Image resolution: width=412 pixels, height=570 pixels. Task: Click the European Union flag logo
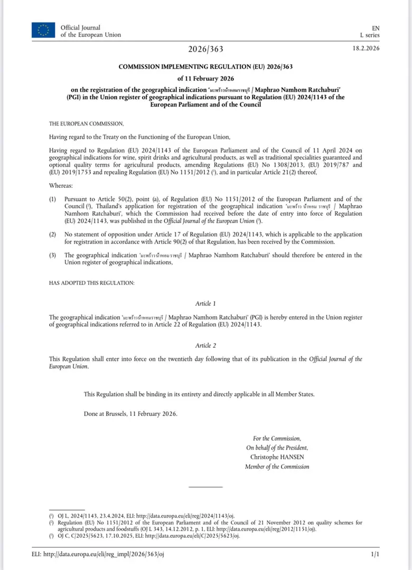tap(43, 30)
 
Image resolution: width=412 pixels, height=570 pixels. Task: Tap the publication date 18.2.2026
tap(366, 49)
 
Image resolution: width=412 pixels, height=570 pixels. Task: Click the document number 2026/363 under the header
tap(206, 49)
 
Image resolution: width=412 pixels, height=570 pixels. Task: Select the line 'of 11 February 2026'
tap(206, 79)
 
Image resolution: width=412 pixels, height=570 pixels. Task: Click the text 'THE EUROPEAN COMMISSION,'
tap(86, 123)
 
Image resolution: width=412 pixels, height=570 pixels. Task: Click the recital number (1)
tap(53, 199)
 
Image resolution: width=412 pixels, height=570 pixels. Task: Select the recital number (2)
tap(53, 234)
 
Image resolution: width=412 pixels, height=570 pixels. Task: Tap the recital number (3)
tap(53, 255)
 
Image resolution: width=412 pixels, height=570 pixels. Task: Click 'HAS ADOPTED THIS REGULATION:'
tap(92, 283)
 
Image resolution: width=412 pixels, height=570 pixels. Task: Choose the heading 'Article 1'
tap(206, 303)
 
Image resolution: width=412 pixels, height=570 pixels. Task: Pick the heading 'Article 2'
tap(206, 346)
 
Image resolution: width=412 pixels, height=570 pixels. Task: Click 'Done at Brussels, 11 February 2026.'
tap(131, 413)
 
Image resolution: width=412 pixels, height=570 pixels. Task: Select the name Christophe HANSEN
tap(277, 457)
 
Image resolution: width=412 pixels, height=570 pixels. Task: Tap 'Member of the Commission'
tap(277, 467)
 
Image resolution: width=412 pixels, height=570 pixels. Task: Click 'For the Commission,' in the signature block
tap(277, 438)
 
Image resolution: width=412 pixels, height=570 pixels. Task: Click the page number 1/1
tap(376, 554)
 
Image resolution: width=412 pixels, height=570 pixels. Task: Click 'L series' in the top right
tap(370, 35)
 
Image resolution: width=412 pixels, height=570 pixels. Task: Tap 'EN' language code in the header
tap(376, 27)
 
